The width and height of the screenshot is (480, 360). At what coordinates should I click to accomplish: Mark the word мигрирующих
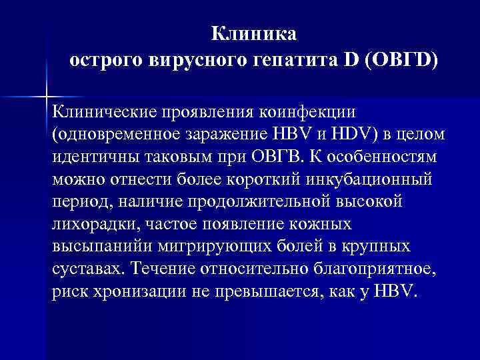pos(212,247)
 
